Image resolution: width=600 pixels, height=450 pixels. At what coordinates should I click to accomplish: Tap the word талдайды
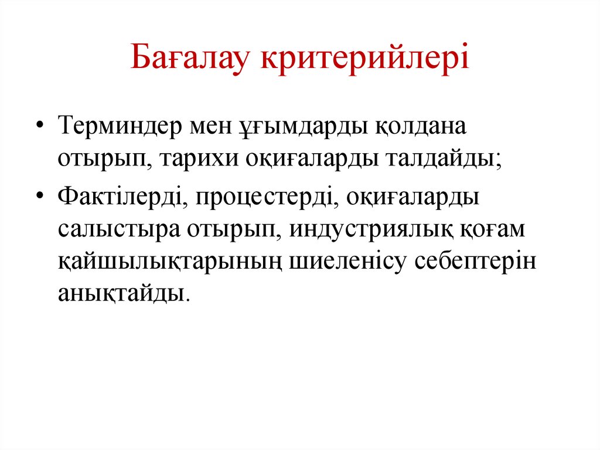point(441,160)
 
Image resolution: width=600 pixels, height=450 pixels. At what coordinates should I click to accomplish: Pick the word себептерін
point(476,262)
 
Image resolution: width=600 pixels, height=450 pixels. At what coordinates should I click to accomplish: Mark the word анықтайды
point(122,293)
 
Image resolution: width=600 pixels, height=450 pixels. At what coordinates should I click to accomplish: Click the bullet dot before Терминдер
point(40,127)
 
